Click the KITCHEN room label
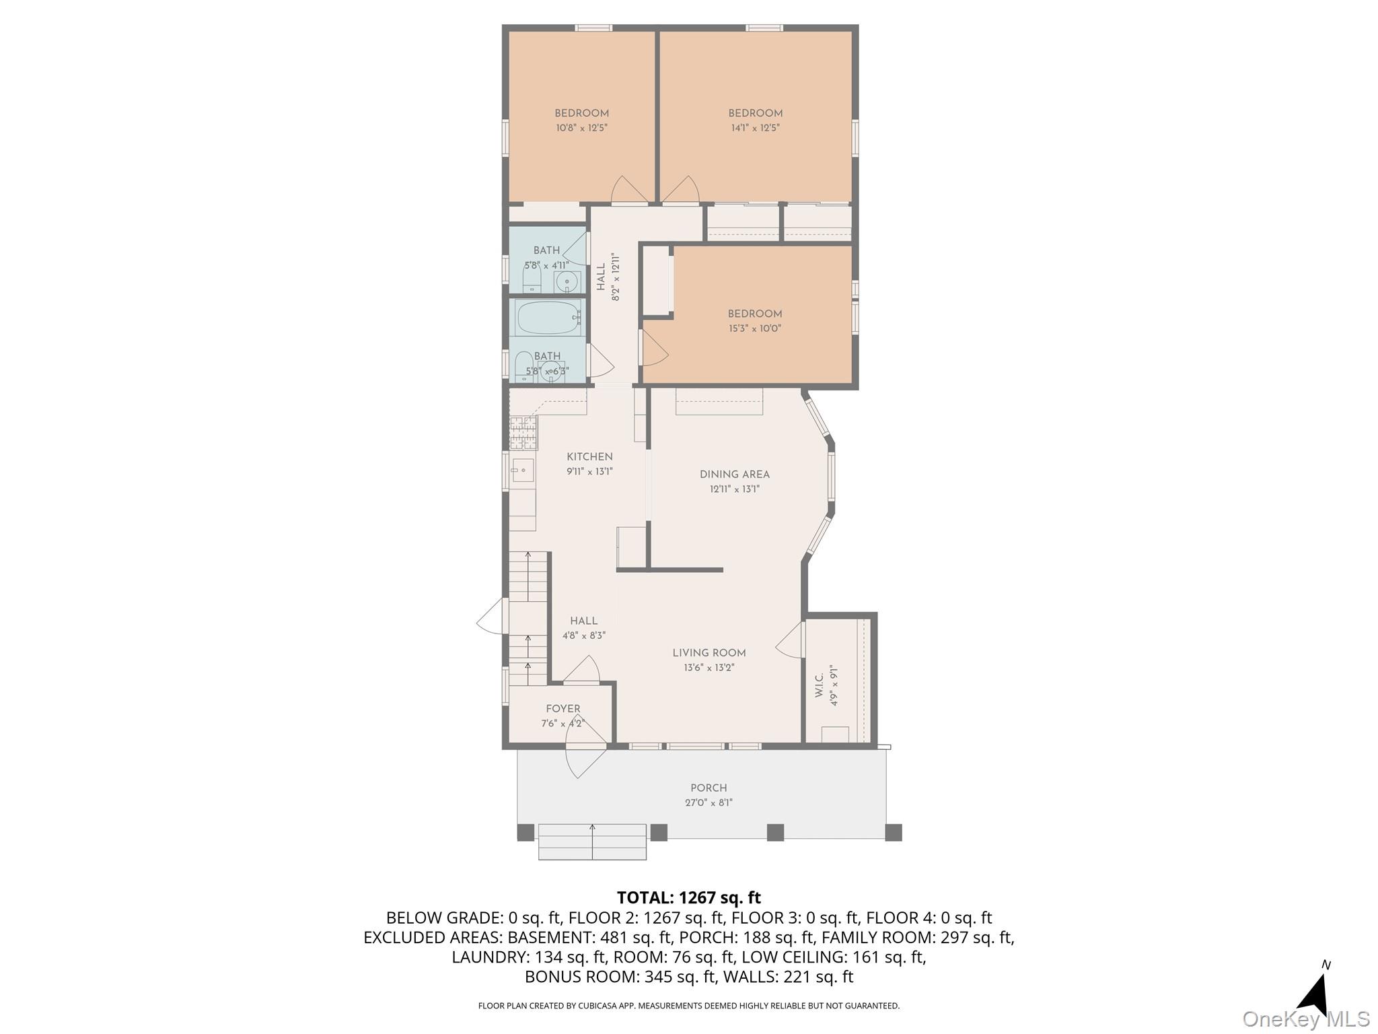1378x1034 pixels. (x=589, y=457)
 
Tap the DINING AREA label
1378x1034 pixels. (x=734, y=475)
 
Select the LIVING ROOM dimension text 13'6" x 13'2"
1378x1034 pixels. (x=709, y=668)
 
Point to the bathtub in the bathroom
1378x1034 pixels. (x=547, y=318)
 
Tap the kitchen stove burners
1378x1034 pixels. (x=523, y=433)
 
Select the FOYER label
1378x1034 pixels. (x=563, y=709)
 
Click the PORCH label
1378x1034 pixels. (x=709, y=788)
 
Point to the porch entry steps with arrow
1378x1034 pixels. (x=592, y=842)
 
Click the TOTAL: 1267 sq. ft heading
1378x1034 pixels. (x=688, y=897)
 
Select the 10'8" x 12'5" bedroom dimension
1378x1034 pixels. (x=581, y=128)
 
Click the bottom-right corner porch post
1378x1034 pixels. (x=893, y=832)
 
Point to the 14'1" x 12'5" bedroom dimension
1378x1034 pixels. (x=755, y=128)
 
